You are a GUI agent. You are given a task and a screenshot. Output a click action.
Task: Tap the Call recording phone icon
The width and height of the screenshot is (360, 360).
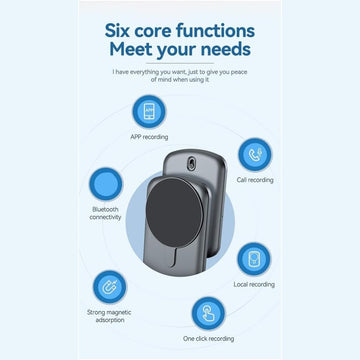[x=254, y=154]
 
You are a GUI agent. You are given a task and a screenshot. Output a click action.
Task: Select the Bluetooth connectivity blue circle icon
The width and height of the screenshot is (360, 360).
[x=105, y=184]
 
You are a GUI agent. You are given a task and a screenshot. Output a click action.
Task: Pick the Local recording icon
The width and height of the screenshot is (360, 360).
[x=254, y=258]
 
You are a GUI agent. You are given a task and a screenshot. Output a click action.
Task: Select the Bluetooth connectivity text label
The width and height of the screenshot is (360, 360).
[x=105, y=214]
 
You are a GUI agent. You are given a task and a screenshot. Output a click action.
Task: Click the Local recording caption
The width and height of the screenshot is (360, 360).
[x=254, y=284]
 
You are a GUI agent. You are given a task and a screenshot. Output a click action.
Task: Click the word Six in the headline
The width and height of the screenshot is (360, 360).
[x=124, y=29]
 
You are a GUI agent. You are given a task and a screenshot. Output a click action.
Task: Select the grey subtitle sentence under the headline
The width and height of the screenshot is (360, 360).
[x=180, y=76]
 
